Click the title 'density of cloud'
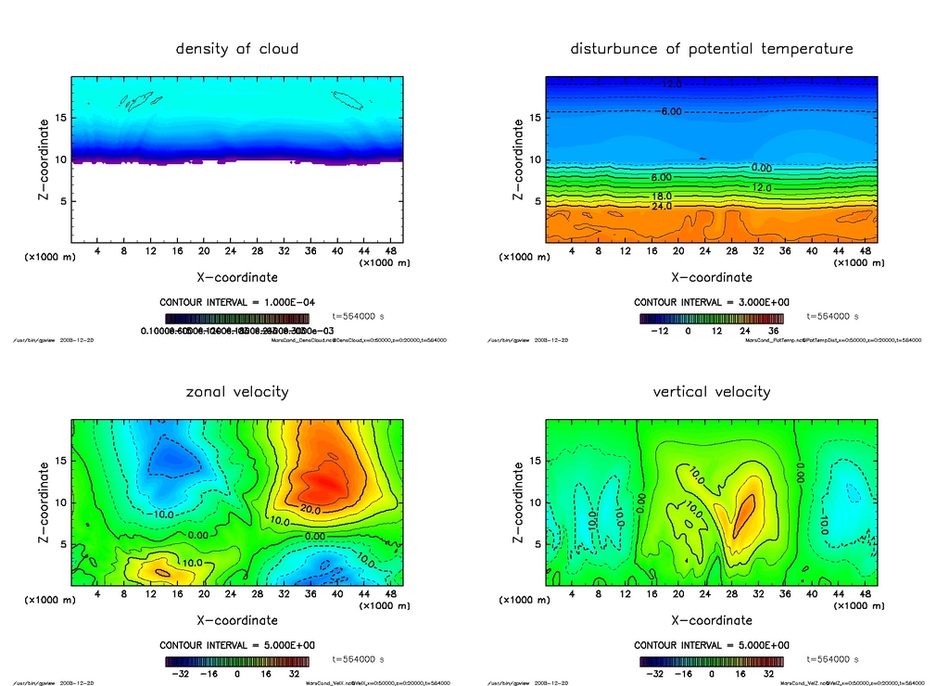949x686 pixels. point(237,48)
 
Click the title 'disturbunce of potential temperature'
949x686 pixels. point(712,48)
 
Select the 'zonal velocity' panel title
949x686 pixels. point(237,391)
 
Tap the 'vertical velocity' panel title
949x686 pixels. point(712,391)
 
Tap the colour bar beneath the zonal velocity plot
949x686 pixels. point(243,662)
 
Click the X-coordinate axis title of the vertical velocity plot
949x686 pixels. point(712,620)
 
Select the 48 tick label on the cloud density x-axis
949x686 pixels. point(390,250)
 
